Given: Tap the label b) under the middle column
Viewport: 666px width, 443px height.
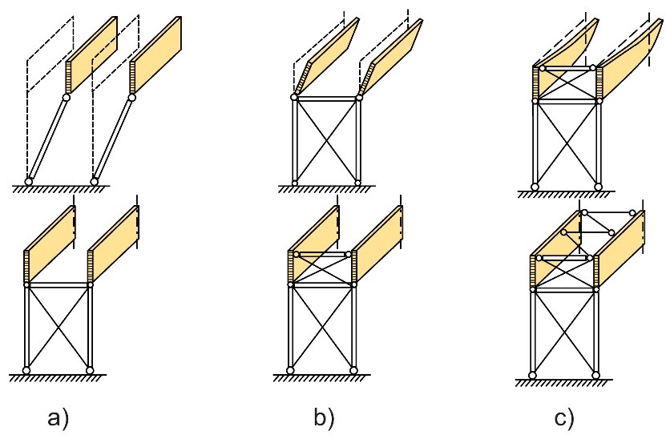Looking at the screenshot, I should [324, 417].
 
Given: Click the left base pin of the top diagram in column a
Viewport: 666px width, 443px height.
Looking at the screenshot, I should [29, 182].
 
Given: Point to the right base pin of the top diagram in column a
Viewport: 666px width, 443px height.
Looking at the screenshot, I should [95, 182].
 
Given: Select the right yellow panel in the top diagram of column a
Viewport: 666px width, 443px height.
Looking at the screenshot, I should [157, 54].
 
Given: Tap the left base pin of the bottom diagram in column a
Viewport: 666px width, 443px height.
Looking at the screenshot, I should [26, 370].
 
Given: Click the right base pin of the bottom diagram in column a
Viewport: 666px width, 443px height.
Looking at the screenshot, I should [90, 370].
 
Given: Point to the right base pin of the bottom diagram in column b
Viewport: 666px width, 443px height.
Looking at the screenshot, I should [353, 370].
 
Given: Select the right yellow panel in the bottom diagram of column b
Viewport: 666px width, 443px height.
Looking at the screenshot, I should [377, 244].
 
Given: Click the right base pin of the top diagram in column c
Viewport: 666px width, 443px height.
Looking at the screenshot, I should [598, 187].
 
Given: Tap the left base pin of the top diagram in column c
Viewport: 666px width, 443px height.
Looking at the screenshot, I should [535, 187].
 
